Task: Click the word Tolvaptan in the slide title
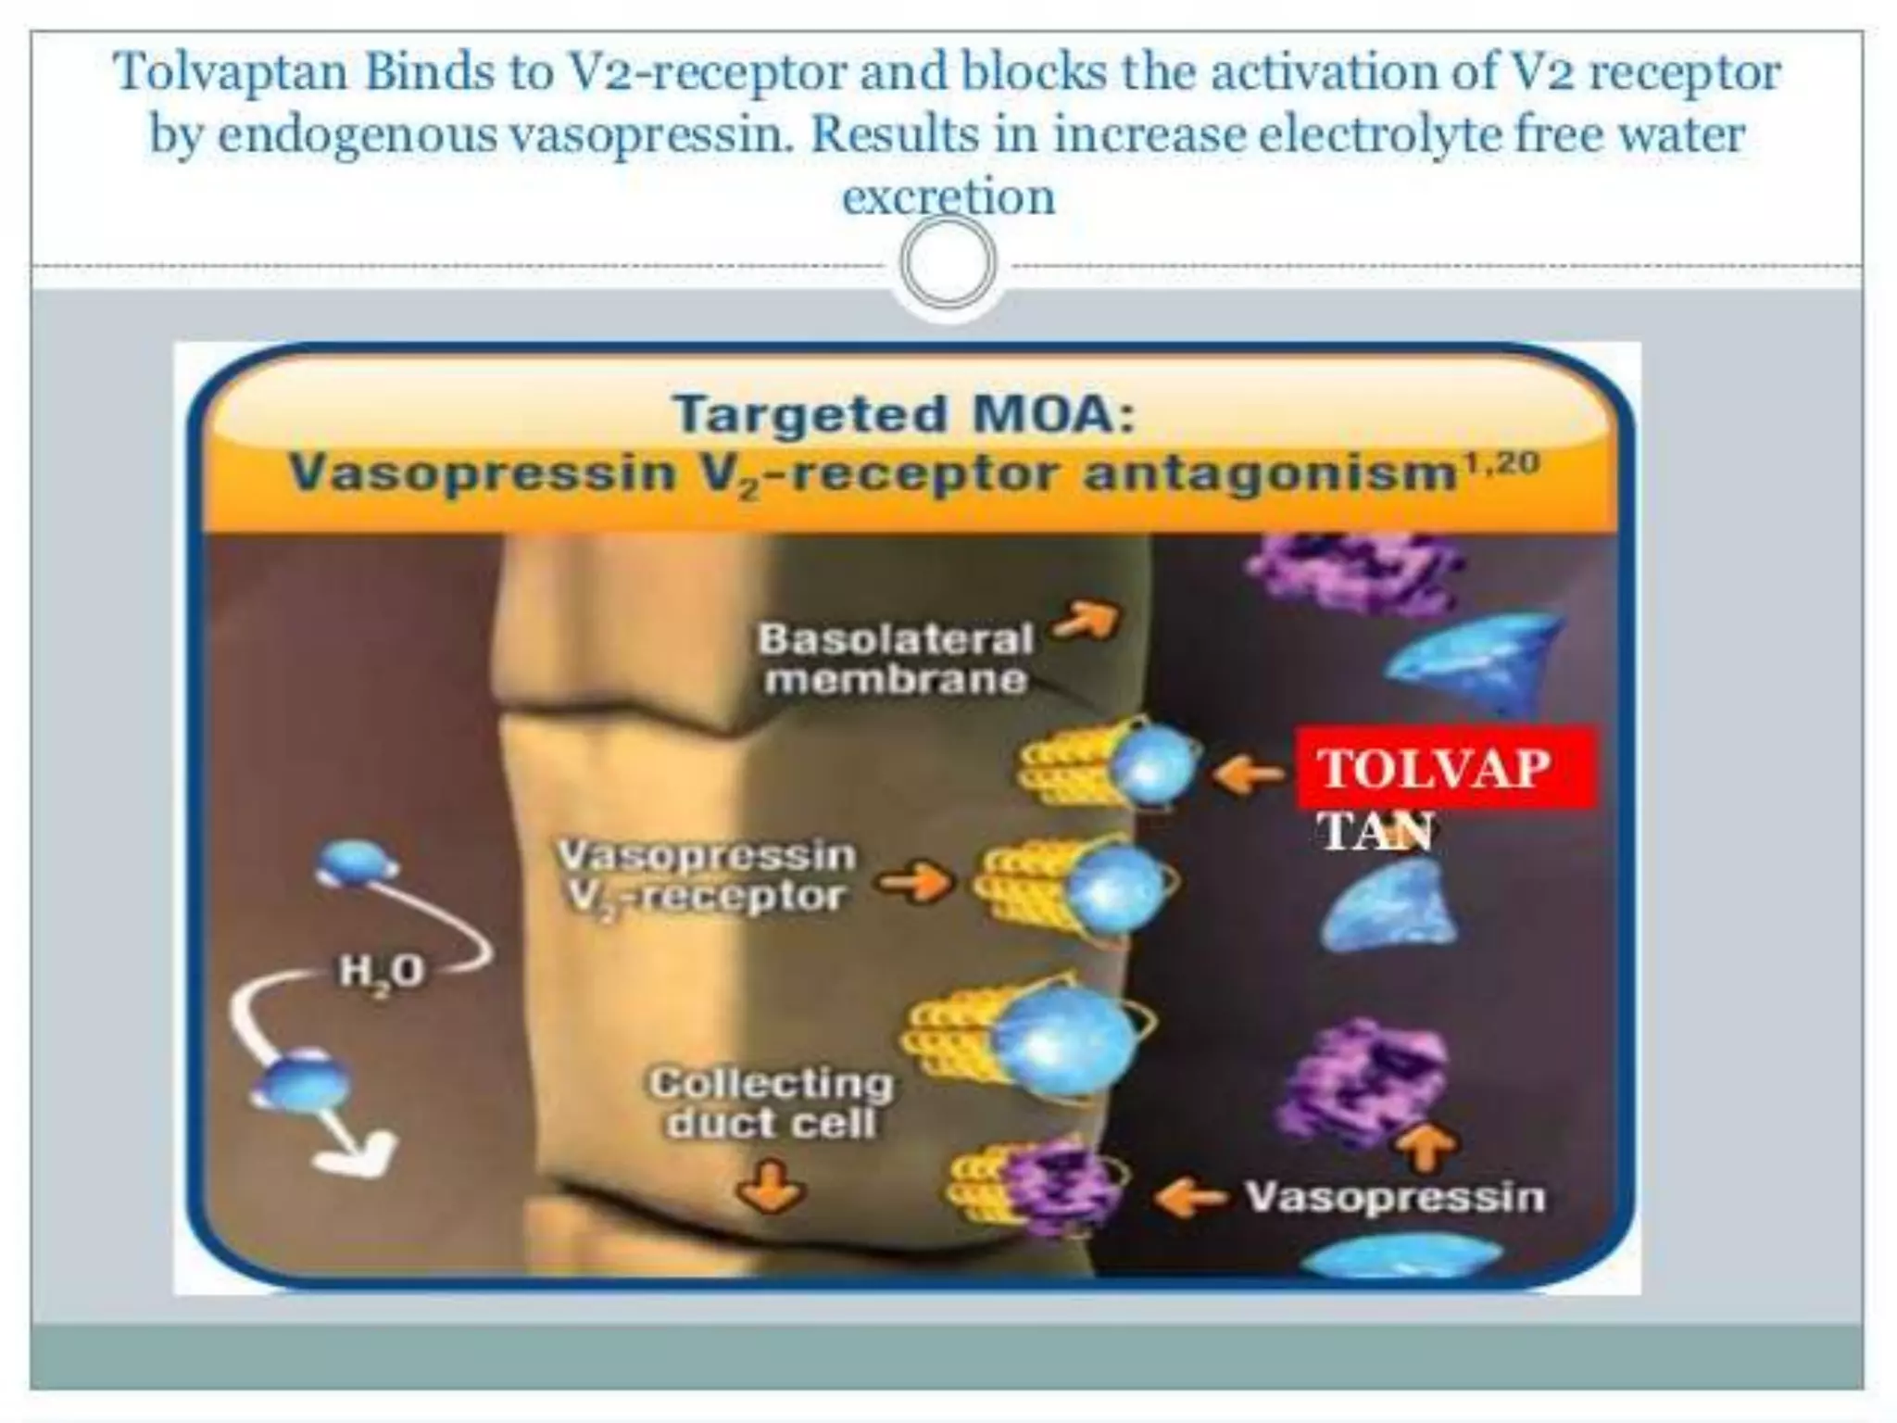(232, 73)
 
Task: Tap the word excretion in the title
(948, 196)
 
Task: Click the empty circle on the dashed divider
(948, 263)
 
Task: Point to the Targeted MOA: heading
(903, 413)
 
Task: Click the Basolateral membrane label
(895, 659)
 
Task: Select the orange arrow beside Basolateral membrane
(1087, 622)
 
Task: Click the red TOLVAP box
(1445, 768)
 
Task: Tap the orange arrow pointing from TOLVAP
(1247, 773)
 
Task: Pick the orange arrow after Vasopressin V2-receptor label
(914, 882)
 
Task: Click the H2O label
(381, 972)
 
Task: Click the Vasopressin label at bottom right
(1395, 1197)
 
